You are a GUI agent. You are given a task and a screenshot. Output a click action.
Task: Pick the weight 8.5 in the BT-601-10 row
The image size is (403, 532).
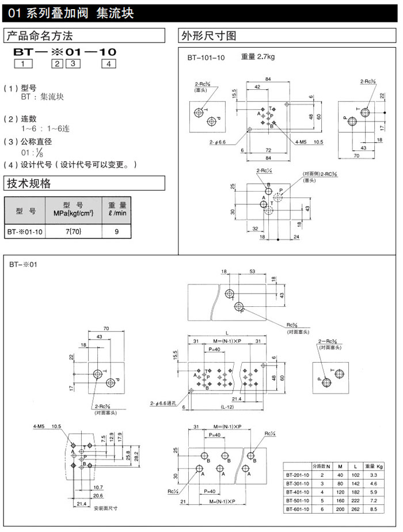[x=374, y=510]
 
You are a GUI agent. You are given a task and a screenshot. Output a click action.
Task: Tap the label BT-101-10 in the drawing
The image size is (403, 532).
[x=206, y=58]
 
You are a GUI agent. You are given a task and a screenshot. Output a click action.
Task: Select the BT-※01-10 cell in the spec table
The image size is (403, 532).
[x=25, y=232]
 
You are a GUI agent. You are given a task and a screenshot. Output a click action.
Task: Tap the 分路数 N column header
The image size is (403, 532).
[x=321, y=465]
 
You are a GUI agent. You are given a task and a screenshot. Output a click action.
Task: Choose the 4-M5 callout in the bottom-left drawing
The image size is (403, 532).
[x=40, y=426]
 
